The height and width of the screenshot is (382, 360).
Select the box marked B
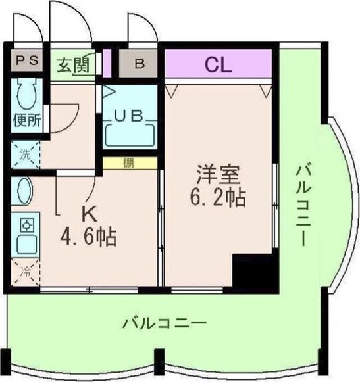pos(140,64)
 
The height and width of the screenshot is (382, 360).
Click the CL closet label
pos(217,64)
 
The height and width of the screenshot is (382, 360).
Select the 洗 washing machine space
pos(25,156)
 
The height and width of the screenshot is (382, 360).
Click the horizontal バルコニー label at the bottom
pos(165,323)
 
